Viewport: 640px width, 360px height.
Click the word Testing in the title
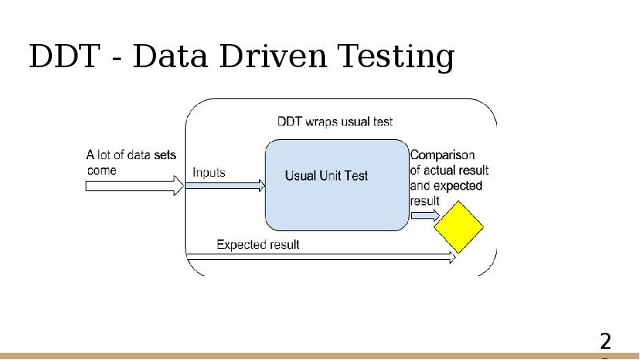[395, 57]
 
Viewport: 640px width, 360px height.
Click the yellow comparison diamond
[458, 227]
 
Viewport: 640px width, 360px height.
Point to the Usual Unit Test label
[326, 175]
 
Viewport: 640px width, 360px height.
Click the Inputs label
[209, 172]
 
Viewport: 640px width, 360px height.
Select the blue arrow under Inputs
[226, 186]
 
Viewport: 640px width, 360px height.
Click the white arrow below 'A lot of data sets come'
[134, 186]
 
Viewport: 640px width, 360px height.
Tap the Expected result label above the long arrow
[258, 245]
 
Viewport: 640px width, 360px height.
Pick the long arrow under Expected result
[321, 257]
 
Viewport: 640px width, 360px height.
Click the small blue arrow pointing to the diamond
[426, 215]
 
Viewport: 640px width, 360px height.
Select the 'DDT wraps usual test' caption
[335, 122]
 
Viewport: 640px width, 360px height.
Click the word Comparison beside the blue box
[442, 155]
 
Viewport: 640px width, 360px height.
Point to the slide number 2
[606, 342]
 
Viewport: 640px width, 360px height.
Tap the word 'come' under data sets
[102, 170]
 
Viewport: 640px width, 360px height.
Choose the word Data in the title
[170, 56]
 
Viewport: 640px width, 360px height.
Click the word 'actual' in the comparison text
[440, 170]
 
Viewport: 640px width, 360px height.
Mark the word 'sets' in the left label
[165, 155]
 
